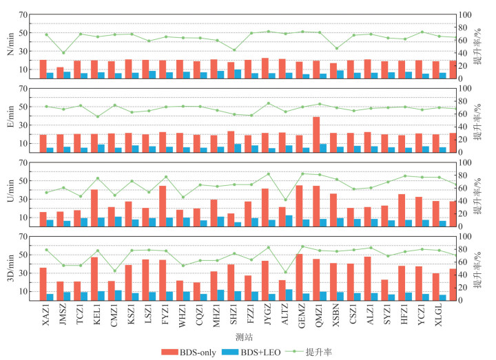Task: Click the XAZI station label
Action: click(46, 314)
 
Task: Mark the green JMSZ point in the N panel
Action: click(63, 52)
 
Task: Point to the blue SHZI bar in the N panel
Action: click(238, 74)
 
